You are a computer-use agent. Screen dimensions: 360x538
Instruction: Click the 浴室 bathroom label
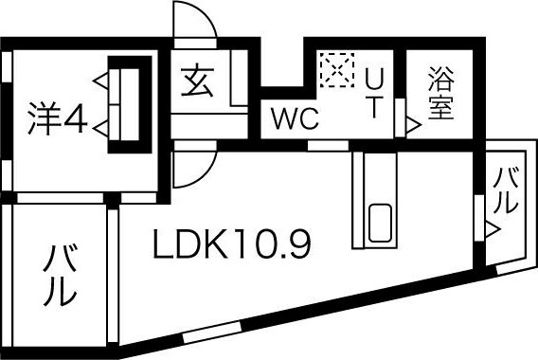coord(439,93)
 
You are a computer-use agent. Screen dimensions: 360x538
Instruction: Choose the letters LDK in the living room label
coord(189,245)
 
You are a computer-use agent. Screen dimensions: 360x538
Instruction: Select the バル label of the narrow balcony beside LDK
coord(505,189)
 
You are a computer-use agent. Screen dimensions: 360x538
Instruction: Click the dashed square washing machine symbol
coord(333,68)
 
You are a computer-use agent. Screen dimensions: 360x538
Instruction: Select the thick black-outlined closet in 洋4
coord(128,104)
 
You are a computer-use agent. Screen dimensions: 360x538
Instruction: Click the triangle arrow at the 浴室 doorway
coord(412,123)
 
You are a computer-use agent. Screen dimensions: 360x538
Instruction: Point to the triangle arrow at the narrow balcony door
coord(490,227)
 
